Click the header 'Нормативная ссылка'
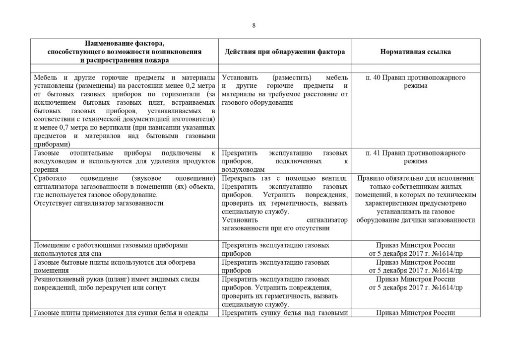[x=416, y=52]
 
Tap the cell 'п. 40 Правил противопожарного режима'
[x=416, y=82]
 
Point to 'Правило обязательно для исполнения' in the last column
[x=416, y=178]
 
